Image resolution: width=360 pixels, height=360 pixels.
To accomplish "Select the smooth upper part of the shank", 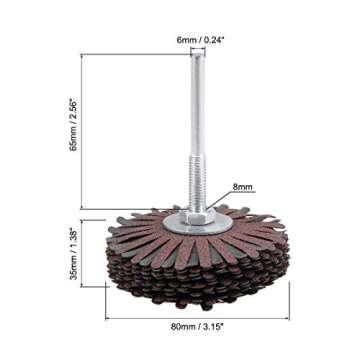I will tap(187, 110).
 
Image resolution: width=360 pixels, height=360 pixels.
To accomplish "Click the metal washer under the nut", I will tap(187, 222).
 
